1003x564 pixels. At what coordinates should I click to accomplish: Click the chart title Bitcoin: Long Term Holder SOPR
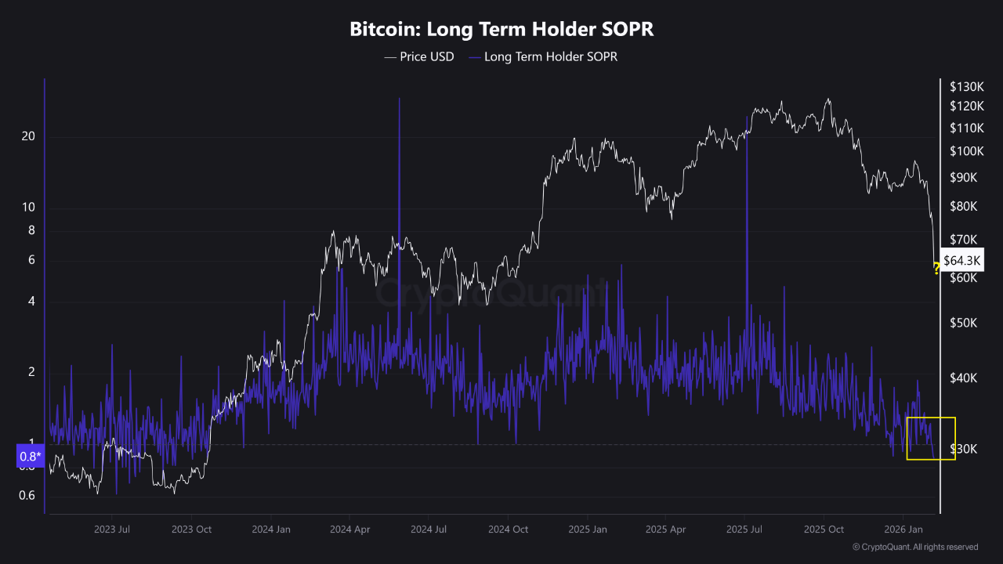click(x=501, y=30)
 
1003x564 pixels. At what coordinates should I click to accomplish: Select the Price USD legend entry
click(x=418, y=56)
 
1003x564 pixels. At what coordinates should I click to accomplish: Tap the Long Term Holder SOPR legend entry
click(x=543, y=56)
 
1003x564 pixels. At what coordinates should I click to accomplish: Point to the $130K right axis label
click(x=965, y=86)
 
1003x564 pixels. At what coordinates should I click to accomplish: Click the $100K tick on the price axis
click(x=965, y=150)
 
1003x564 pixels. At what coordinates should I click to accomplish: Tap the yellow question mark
click(x=936, y=270)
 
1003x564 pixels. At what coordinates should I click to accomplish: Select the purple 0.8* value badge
click(x=30, y=457)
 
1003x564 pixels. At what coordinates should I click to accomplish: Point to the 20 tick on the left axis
click(x=29, y=136)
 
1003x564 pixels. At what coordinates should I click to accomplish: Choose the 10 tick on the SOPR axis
click(x=29, y=208)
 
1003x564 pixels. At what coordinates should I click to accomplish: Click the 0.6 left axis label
click(x=27, y=495)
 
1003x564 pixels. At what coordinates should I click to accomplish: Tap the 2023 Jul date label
click(x=112, y=530)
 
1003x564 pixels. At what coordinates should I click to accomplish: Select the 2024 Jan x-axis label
click(x=271, y=530)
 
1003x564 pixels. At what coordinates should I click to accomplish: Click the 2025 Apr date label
click(x=666, y=530)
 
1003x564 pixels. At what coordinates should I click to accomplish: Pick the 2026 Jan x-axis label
click(x=903, y=530)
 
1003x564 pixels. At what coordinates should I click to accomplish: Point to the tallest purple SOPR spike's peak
click(x=399, y=99)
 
